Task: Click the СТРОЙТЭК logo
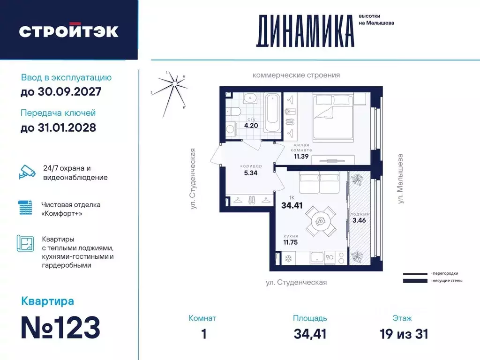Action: (x=68, y=31)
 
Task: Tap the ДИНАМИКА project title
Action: (x=305, y=31)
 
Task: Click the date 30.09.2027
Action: (x=61, y=92)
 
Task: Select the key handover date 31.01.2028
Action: (x=59, y=127)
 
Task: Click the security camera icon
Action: (x=27, y=172)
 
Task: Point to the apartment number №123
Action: (x=60, y=328)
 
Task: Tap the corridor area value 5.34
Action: (x=250, y=172)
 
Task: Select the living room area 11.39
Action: (x=301, y=156)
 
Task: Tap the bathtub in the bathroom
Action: (x=272, y=113)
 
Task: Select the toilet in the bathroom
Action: (x=233, y=111)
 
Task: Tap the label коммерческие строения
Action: (x=296, y=75)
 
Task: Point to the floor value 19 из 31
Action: (x=404, y=334)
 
